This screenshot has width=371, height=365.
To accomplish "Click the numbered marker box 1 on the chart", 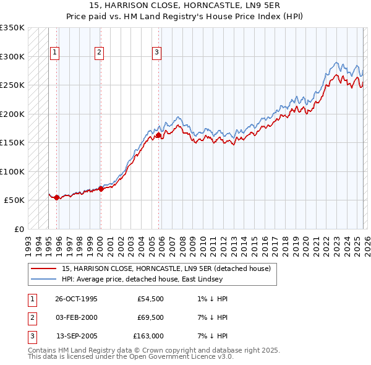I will point(54,53).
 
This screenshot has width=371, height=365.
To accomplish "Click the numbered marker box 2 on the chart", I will point(98,53).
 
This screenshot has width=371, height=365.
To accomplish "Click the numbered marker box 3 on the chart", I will point(156,53).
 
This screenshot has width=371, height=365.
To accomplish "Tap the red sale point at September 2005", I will point(159,135).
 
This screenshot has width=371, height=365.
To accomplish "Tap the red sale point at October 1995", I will point(57,197).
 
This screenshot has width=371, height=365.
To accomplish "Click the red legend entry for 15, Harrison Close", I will point(166,269).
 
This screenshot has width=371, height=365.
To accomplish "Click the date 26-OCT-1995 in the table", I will point(76,299).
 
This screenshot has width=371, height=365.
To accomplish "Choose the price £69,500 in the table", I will point(150,317).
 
